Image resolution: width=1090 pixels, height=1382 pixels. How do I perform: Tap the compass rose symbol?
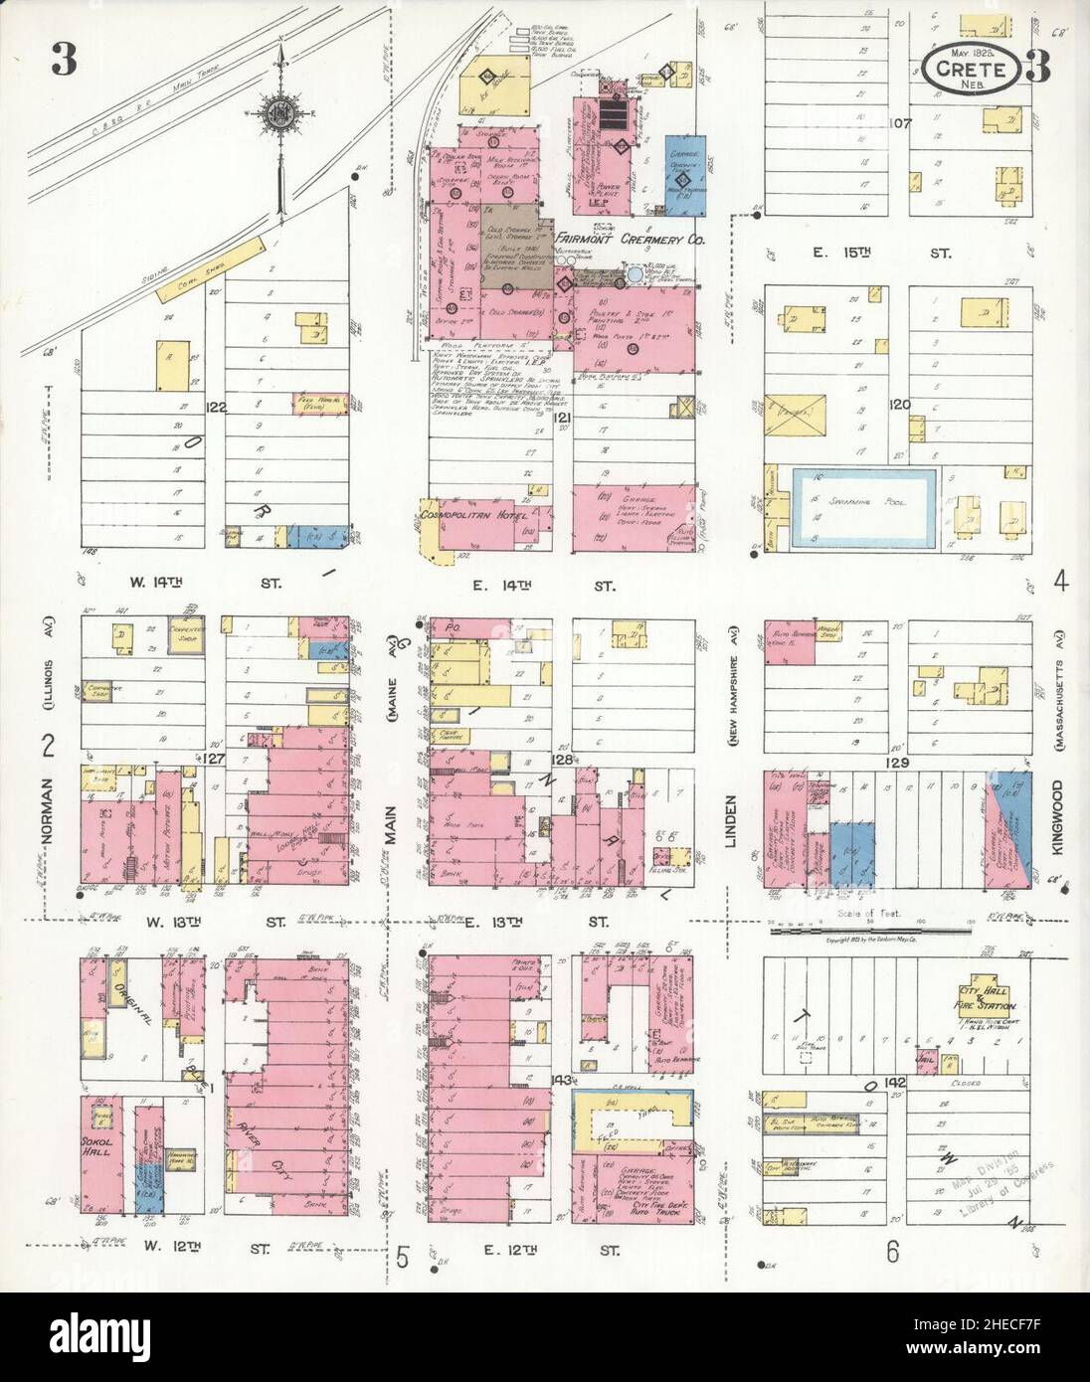click(282, 112)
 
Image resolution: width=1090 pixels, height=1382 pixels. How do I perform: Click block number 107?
click(901, 124)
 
